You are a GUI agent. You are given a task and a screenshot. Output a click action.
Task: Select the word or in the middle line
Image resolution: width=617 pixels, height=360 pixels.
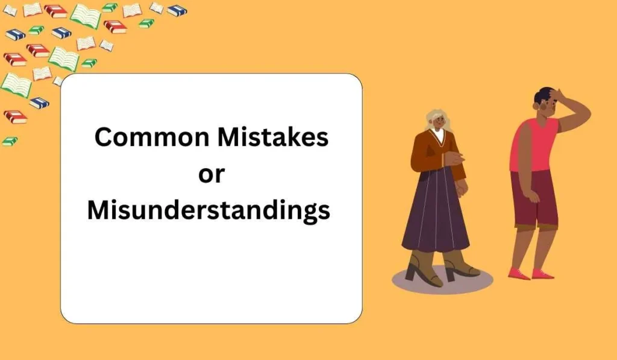pos(211,174)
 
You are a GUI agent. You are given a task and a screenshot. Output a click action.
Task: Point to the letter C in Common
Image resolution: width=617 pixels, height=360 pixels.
pos(104,137)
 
